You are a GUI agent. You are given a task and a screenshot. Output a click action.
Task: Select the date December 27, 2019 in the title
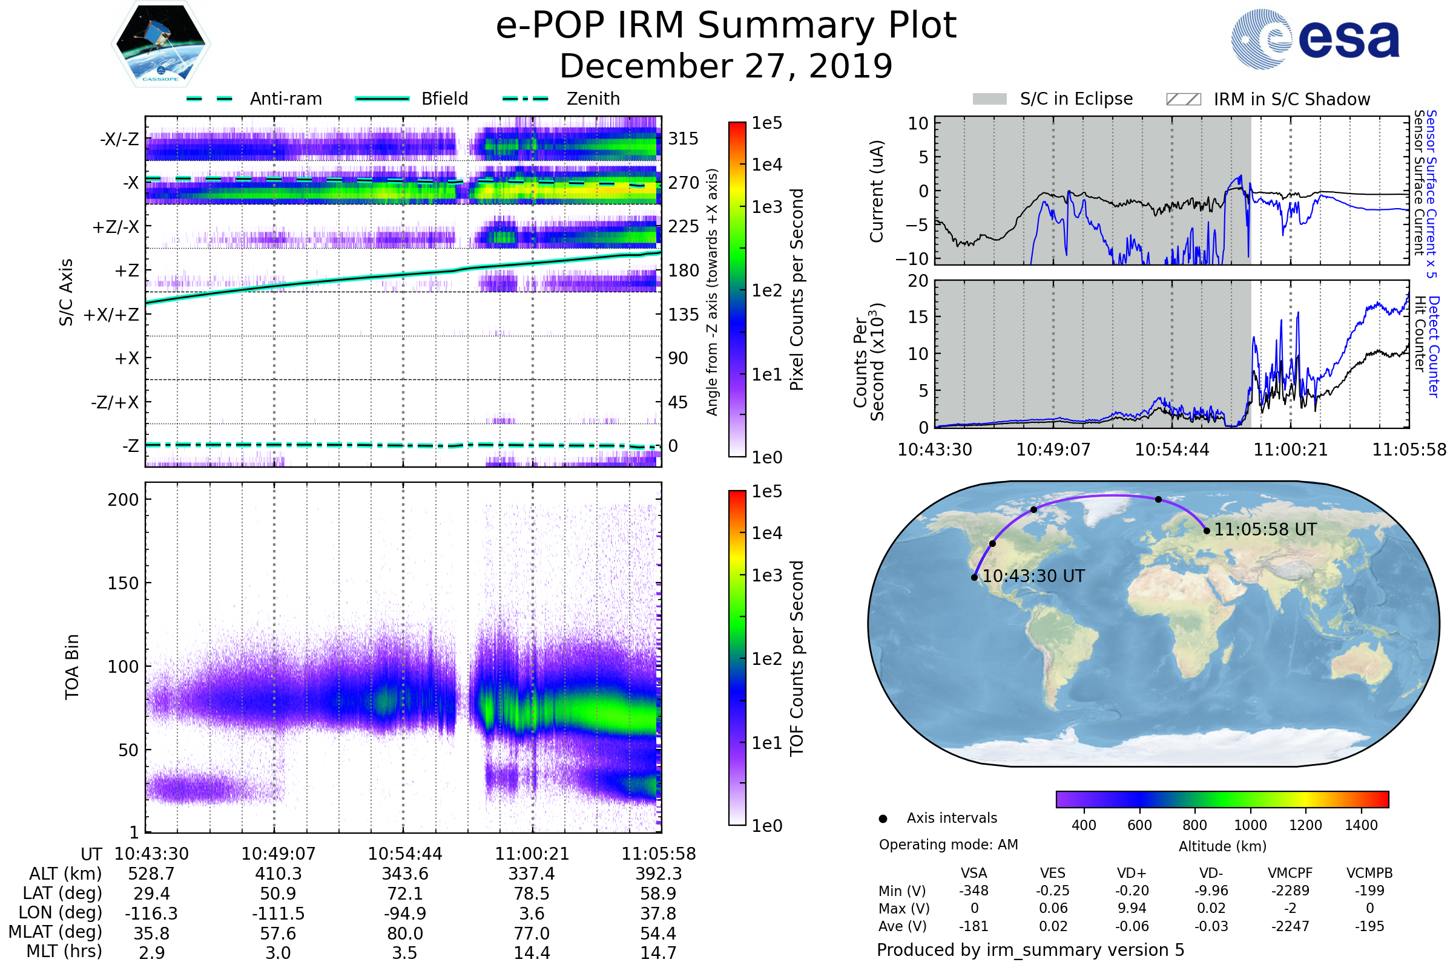point(726,66)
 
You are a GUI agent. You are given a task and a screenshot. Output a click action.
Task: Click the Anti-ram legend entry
point(285,99)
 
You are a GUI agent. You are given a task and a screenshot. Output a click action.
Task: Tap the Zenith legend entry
point(593,99)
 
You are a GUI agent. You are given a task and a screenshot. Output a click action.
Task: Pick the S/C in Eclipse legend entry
point(1076,99)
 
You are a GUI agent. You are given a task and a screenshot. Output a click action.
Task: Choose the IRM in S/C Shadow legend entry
point(1291,99)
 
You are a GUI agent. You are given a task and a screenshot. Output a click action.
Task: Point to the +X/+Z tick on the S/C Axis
point(111,315)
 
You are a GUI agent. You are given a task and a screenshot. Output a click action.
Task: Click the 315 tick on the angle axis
point(683,139)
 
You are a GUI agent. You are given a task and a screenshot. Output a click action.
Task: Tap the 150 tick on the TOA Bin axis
point(123,583)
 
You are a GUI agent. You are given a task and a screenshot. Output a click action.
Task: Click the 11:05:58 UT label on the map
point(1265,530)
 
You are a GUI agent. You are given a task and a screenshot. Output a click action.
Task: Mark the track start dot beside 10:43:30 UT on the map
point(974,577)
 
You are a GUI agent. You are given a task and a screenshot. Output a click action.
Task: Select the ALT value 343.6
point(405,874)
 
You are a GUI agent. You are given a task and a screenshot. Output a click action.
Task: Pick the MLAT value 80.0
point(405,934)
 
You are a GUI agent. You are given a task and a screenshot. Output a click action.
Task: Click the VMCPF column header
point(1290,873)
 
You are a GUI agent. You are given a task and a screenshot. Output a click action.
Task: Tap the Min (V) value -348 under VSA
point(974,891)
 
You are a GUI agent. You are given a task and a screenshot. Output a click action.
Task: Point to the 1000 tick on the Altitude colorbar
point(1250,825)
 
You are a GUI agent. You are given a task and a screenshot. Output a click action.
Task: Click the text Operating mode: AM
point(948,845)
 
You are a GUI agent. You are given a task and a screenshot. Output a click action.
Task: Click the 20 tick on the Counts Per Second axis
point(918,281)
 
